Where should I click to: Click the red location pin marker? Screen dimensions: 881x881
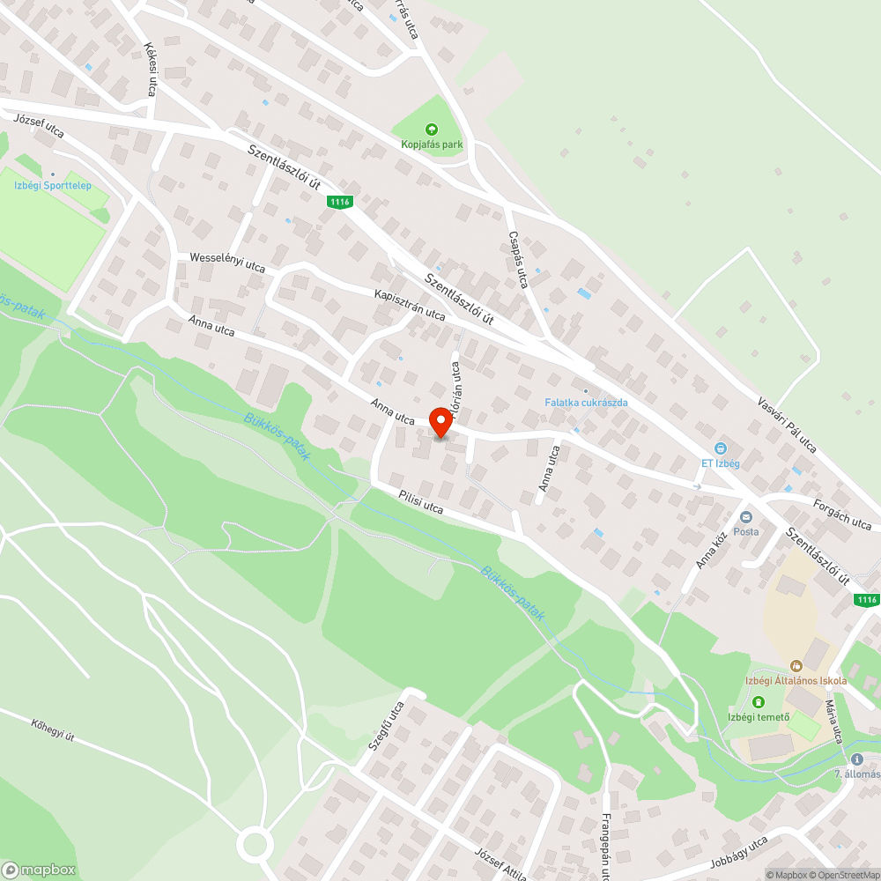click(x=440, y=423)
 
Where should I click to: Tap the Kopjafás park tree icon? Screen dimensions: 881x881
click(x=431, y=129)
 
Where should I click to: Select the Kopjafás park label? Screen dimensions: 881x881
click(x=431, y=144)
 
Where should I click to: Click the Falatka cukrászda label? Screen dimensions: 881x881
click(x=585, y=403)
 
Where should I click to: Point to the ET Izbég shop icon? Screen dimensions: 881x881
click(x=720, y=448)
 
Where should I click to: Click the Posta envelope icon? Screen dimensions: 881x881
click(x=746, y=517)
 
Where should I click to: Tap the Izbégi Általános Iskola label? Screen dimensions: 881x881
click(x=796, y=681)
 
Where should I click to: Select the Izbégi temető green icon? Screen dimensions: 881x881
click(x=759, y=702)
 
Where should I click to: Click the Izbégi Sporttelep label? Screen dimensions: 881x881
click(x=52, y=186)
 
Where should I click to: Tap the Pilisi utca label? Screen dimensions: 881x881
click(x=420, y=501)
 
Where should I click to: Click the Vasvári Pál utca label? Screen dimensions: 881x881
click(x=787, y=425)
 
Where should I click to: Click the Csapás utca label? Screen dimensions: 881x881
click(x=518, y=259)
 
